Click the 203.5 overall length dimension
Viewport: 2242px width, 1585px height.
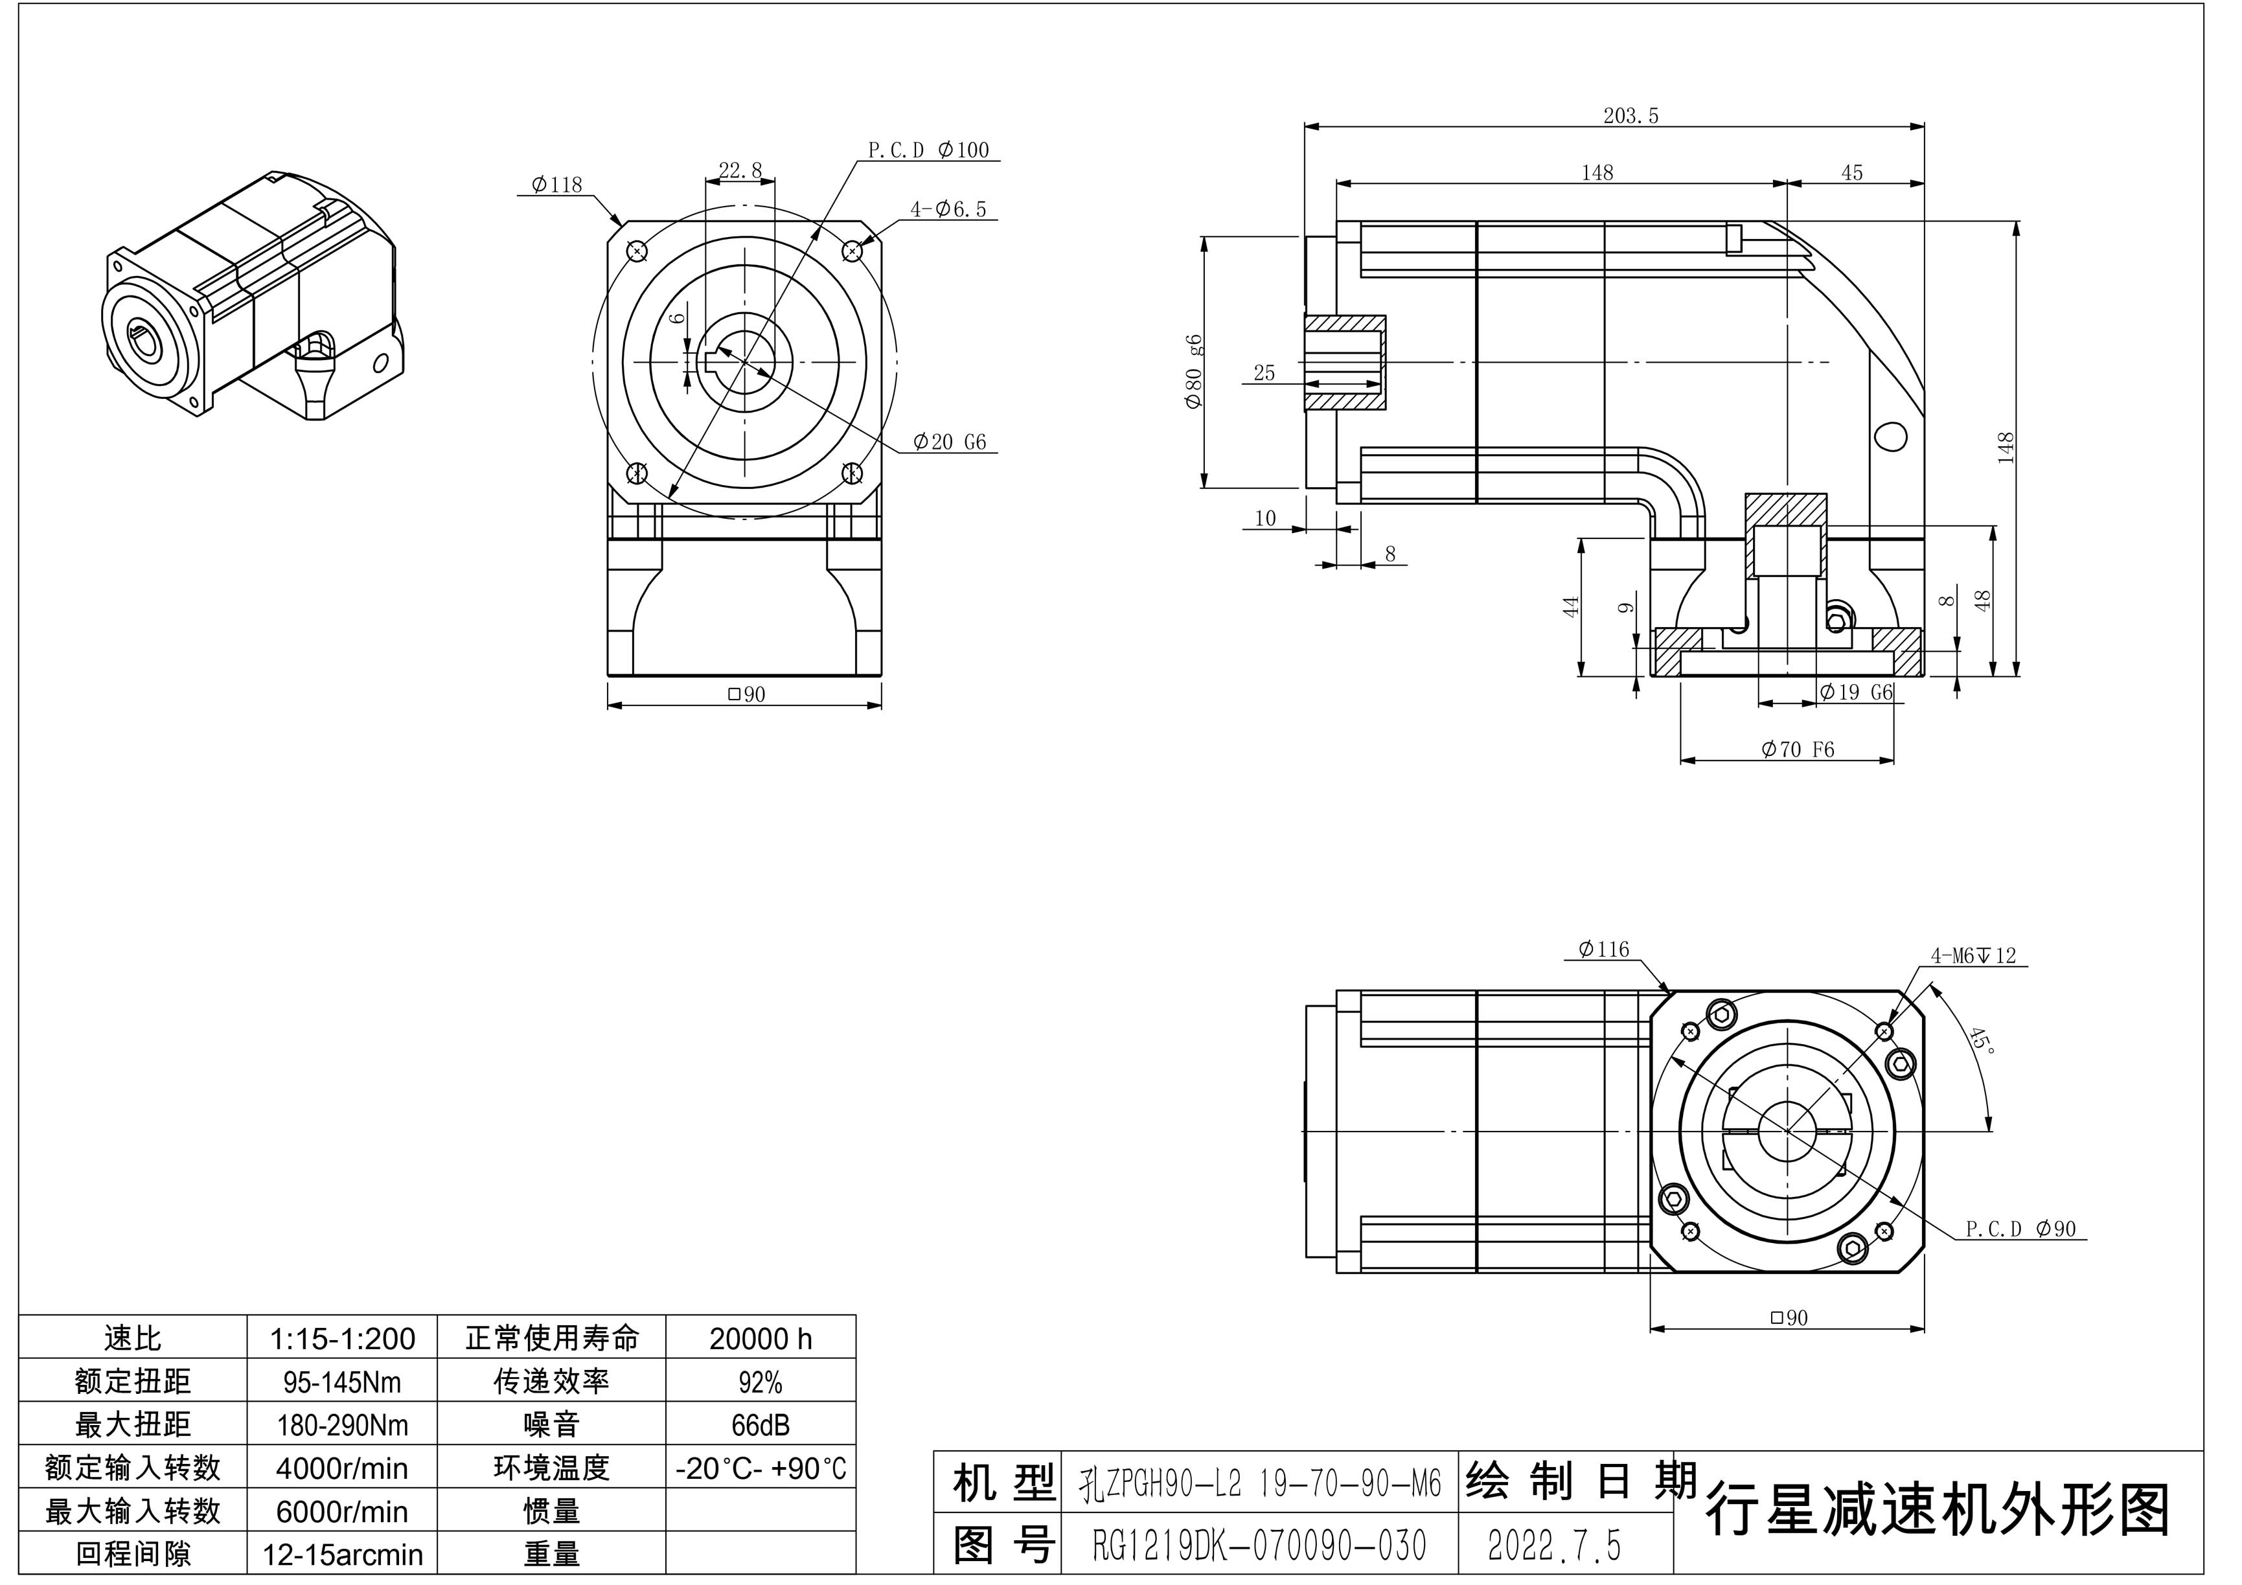[1630, 116]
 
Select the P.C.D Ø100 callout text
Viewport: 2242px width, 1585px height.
[928, 150]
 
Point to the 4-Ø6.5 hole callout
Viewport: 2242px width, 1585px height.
[948, 209]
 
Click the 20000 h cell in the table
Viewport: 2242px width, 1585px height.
[760, 1339]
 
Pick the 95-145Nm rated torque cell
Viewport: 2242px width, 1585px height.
[342, 1382]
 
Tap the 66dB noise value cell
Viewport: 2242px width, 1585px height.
[760, 1425]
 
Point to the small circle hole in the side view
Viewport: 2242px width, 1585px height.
[1892, 435]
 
